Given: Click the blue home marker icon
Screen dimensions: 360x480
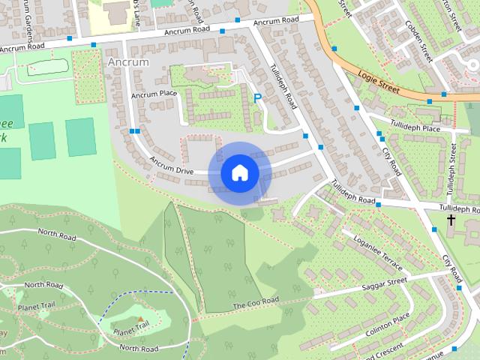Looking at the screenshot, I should click(239, 173).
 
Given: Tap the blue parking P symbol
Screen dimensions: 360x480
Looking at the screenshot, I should click(257, 98).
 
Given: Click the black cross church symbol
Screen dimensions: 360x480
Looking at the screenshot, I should click(451, 220).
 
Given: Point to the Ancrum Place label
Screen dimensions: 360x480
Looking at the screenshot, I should click(153, 94).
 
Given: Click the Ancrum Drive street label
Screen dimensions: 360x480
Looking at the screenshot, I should click(172, 166).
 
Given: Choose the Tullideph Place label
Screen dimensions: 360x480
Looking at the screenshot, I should click(415, 127).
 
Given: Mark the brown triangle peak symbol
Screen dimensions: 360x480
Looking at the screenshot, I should click(140, 319).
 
